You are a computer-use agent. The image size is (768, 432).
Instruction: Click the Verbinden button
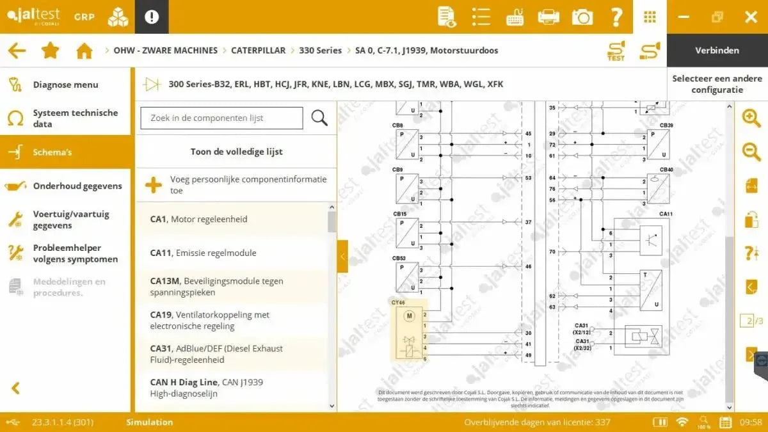point(717,51)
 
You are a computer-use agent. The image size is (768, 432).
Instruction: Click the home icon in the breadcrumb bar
point(84,51)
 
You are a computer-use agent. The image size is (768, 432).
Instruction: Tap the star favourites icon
point(51,51)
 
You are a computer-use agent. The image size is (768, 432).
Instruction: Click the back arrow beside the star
point(17,51)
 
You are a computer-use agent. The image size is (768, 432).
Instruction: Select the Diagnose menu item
point(65,84)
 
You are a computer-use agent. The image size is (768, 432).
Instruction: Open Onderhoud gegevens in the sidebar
point(77,186)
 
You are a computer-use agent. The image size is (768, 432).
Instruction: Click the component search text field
point(221,118)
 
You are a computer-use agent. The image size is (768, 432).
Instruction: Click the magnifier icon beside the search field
point(319,118)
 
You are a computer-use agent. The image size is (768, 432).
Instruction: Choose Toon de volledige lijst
point(236,152)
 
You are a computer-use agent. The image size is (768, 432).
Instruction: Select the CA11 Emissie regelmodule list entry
point(203,253)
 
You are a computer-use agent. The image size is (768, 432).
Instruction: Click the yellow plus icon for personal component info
point(154,185)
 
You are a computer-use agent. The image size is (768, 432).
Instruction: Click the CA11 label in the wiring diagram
point(666,214)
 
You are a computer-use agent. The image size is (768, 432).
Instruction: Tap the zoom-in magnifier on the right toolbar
point(751,118)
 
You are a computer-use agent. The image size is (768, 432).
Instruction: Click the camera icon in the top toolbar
point(582,17)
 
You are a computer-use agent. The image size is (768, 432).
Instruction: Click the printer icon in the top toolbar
point(548,17)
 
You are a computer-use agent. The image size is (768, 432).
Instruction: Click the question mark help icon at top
point(616,17)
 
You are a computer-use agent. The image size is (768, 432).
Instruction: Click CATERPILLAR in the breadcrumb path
point(258,51)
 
